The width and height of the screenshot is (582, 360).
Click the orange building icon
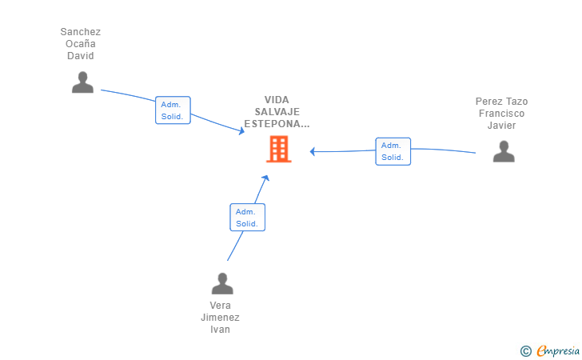pyautogui.click(x=278, y=149)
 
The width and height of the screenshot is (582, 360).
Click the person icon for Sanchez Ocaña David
pyautogui.click(x=82, y=82)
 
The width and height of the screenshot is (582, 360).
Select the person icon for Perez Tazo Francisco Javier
pyautogui.click(x=504, y=151)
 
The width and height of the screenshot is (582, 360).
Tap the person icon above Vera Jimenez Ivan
pyautogui.click(x=221, y=283)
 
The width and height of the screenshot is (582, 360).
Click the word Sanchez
pyautogui.click(x=81, y=32)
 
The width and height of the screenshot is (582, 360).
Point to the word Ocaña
pyautogui.click(x=81, y=44)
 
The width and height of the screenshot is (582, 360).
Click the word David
pyautogui.click(x=81, y=56)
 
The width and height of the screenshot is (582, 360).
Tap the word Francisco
pyautogui.click(x=501, y=114)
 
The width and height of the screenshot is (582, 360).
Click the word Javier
pyautogui.click(x=501, y=126)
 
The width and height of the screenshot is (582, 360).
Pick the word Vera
pyautogui.click(x=220, y=306)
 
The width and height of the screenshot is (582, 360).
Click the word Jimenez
pyautogui.click(x=220, y=318)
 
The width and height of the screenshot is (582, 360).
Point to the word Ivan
pyautogui.click(x=220, y=330)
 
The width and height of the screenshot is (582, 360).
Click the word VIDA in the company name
pyautogui.click(x=277, y=100)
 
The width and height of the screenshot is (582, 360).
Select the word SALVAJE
pyautogui.click(x=277, y=112)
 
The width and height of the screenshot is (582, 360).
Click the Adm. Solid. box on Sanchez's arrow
pyautogui.click(x=173, y=110)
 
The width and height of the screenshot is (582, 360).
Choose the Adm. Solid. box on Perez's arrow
pyautogui.click(x=393, y=151)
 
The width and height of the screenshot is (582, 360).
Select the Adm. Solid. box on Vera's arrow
pyautogui.click(x=247, y=217)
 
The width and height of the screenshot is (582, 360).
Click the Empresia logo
pyautogui.click(x=556, y=350)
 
